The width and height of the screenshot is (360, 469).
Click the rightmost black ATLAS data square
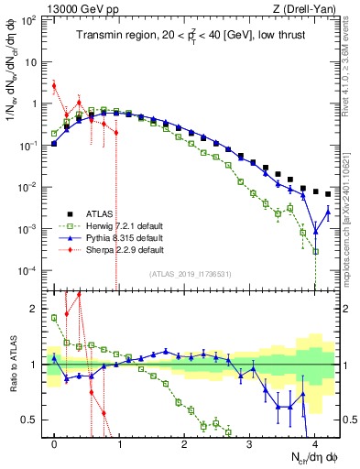[328, 194]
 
